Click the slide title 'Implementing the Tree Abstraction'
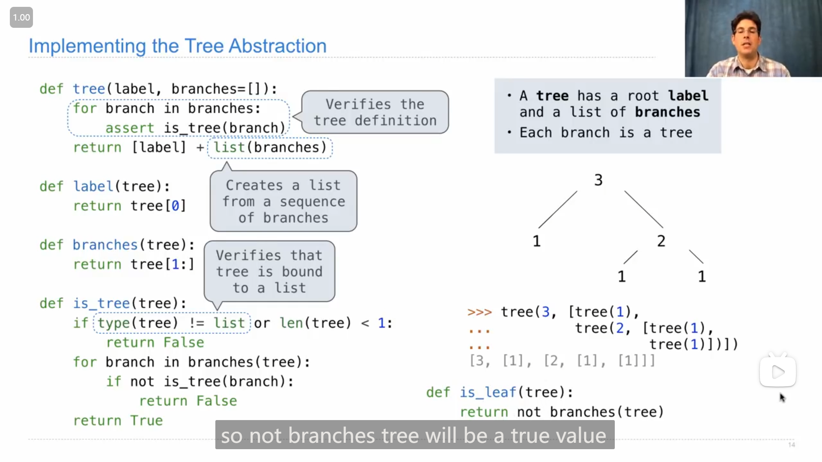coord(177,46)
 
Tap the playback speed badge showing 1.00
coord(21,18)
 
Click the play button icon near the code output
coord(777,372)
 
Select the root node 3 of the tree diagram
coord(598,180)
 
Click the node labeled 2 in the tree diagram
coord(661,241)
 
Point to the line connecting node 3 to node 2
coord(643,209)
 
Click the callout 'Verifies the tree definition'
coord(375,112)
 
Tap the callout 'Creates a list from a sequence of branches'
coord(283,201)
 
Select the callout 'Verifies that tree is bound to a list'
coord(269,272)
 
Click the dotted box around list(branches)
coord(270,148)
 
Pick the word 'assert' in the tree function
coord(130,128)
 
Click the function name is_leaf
coord(488,392)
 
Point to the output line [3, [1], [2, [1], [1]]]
coord(562,361)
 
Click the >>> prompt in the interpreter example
coord(479,312)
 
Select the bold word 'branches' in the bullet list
coord(667,112)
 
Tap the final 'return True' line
coord(118,421)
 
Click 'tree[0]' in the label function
coord(158,206)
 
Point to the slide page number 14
coord(791,445)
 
